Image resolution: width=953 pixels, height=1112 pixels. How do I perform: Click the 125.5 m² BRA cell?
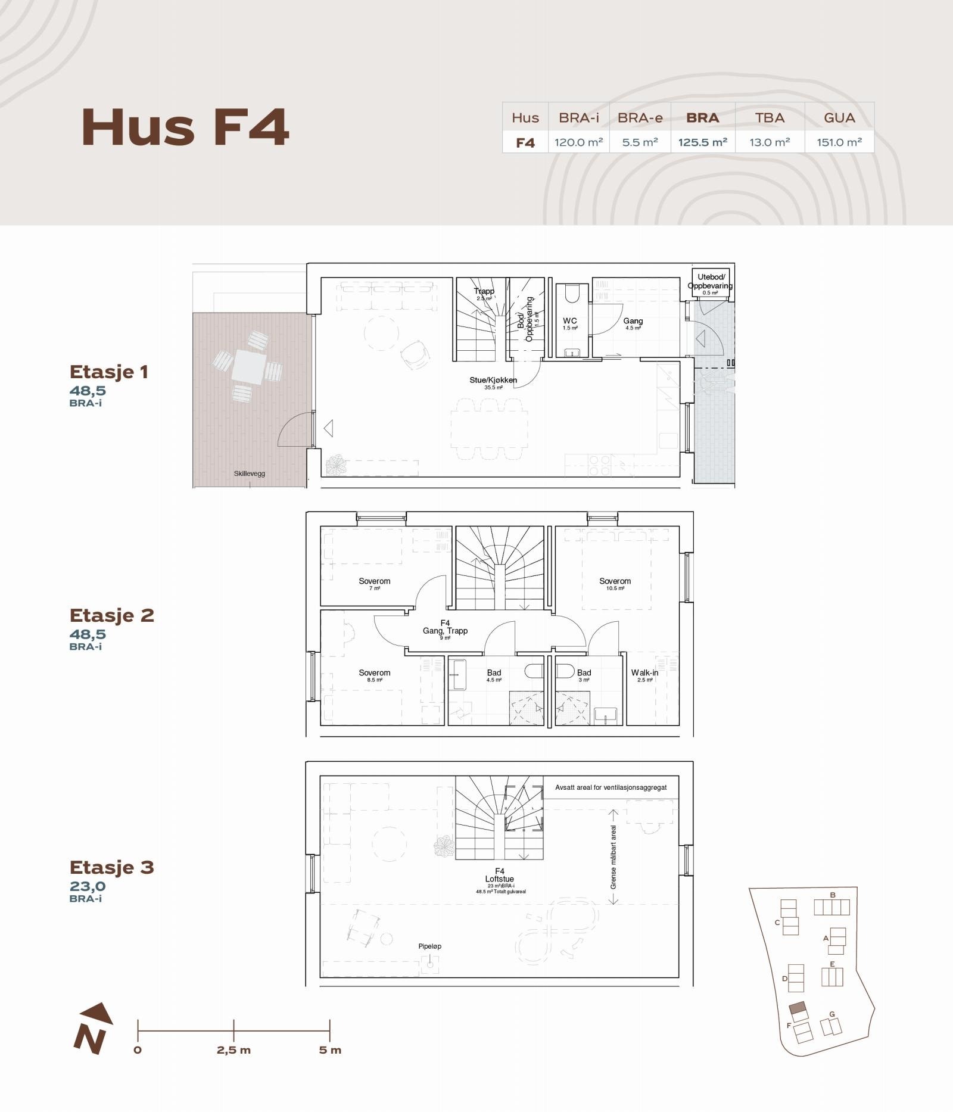tap(702, 142)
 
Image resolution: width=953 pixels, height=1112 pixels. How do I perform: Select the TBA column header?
tap(770, 118)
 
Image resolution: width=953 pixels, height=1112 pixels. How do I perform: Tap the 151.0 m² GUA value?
tap(839, 142)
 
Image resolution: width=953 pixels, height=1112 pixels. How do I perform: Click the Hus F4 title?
tap(185, 127)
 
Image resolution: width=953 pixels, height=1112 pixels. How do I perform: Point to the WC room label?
tap(570, 321)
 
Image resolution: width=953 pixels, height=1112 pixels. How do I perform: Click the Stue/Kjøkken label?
tap(493, 380)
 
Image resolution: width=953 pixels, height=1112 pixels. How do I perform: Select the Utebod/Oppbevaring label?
tap(710, 282)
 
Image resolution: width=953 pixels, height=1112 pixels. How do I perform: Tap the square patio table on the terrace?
tap(249, 365)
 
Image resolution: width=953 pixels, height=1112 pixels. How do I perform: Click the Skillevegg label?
tap(249, 474)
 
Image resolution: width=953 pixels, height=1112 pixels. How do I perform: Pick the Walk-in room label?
tap(644, 672)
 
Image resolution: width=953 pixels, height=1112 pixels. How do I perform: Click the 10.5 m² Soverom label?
tap(615, 581)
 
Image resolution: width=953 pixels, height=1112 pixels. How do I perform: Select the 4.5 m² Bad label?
tap(494, 673)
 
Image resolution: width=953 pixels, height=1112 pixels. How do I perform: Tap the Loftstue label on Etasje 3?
tap(499, 879)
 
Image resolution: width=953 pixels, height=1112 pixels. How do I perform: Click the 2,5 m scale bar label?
tap(233, 1050)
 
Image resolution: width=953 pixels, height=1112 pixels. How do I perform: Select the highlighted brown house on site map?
tap(798, 1010)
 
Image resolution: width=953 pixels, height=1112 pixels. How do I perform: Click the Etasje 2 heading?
tap(112, 615)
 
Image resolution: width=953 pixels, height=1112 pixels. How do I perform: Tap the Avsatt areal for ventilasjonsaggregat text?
tap(611, 787)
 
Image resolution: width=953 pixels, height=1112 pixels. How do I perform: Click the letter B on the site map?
tap(832, 895)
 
